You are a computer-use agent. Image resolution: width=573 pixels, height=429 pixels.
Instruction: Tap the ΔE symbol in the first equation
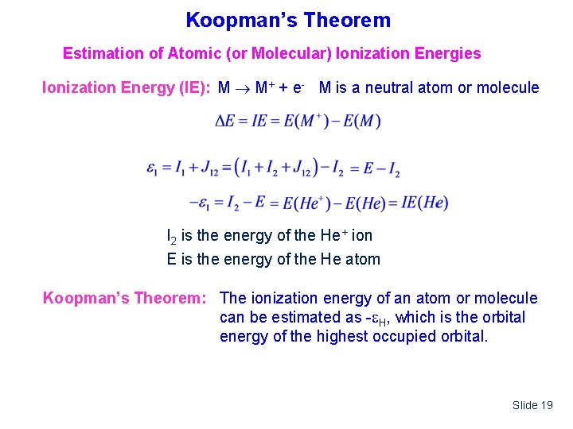(224, 122)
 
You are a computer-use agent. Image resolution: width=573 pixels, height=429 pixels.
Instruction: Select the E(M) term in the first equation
(359, 122)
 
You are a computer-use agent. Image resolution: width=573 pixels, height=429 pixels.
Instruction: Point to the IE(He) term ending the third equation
(423, 203)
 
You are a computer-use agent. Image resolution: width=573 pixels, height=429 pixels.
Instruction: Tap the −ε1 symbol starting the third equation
(202, 203)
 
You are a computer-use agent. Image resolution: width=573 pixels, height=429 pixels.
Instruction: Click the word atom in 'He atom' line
(362, 259)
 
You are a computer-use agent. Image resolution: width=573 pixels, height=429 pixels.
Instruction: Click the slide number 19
(545, 405)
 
